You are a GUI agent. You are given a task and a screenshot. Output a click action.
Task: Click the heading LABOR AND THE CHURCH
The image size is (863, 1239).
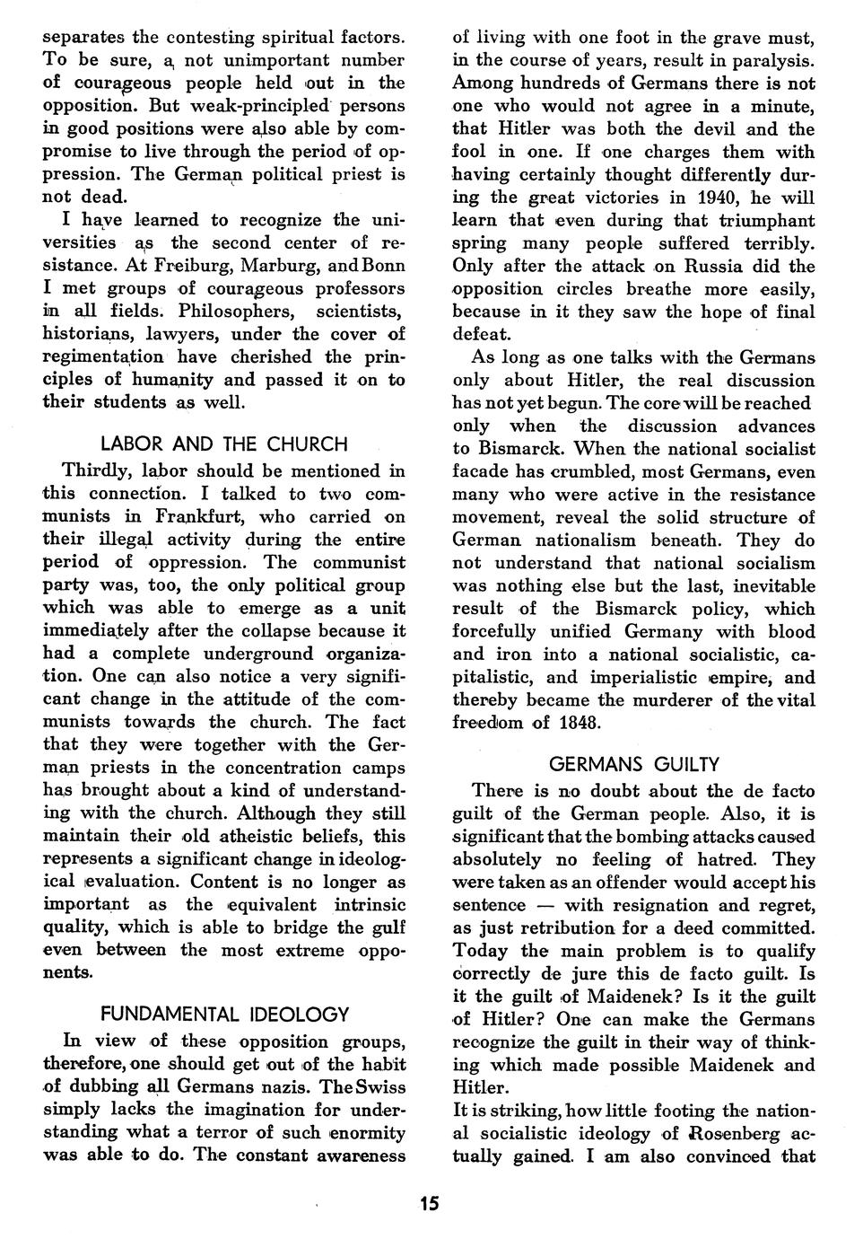tap(223, 444)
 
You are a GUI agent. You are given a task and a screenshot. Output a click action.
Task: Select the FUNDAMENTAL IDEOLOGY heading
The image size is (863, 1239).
tap(224, 1015)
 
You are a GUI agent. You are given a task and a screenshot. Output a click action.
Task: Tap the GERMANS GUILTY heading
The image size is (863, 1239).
tap(633, 765)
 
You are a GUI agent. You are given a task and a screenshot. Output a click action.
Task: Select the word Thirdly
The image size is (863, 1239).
tap(98, 470)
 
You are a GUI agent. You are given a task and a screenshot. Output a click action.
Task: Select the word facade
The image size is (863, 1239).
tap(480, 471)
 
